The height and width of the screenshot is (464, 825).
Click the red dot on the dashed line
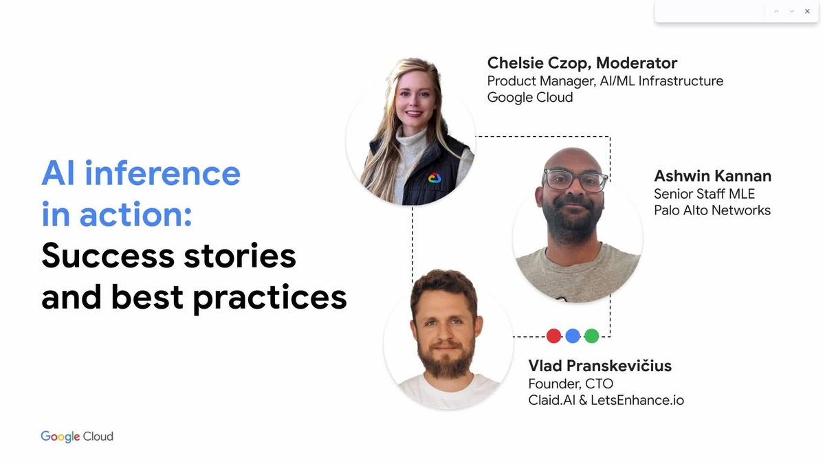coord(553,336)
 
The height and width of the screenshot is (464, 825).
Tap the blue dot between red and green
coord(573,336)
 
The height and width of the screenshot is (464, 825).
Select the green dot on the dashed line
coord(592,336)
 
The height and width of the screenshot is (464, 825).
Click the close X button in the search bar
coord(807,12)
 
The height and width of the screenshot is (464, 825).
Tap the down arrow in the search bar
coord(791,12)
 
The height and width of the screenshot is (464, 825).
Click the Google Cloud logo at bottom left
coord(77,437)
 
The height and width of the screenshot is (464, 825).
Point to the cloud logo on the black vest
coord(434,178)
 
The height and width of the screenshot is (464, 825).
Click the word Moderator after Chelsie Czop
coord(637,63)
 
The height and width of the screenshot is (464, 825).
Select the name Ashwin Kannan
coord(713,176)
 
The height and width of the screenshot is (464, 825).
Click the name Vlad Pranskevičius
coord(600,366)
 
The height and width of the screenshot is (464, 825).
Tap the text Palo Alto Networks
coord(712,210)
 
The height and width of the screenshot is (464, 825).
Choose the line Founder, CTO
coord(571,384)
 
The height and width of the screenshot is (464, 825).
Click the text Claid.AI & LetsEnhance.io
coord(606,400)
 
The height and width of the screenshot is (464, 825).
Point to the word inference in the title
coord(162,173)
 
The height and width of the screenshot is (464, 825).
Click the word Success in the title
coord(108,256)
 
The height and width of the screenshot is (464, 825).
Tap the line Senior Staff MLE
coord(705,194)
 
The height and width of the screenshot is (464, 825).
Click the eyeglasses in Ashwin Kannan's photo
coord(575,179)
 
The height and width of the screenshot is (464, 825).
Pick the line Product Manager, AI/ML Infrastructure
coord(605,81)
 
